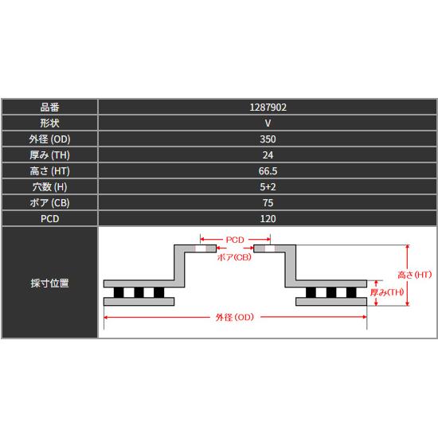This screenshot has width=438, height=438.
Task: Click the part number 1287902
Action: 268,108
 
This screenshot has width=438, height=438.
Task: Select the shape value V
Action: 268,123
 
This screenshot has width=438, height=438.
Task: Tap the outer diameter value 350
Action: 268,139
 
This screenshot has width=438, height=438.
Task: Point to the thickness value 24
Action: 268,155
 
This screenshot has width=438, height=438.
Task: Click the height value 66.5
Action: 268,171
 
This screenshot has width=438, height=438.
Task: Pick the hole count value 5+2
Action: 268,187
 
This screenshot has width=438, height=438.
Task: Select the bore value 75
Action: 268,203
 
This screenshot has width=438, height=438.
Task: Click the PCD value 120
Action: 268,219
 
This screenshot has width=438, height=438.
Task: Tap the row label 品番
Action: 49,108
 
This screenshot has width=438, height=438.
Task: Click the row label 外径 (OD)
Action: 49,139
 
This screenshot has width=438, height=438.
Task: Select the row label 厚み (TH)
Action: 49,155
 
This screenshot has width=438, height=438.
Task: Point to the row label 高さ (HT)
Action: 49,171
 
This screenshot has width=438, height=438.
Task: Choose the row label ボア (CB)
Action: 49,203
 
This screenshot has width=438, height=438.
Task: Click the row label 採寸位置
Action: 49,283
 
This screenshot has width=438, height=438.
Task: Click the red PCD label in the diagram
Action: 235,240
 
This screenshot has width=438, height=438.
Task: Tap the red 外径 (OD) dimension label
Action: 235,317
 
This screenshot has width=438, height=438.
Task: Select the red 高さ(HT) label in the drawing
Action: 415,275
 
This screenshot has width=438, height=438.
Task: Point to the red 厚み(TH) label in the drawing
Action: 387,292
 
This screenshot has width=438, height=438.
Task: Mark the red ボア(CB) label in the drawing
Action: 234,257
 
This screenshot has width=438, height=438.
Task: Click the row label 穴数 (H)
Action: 49,187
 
